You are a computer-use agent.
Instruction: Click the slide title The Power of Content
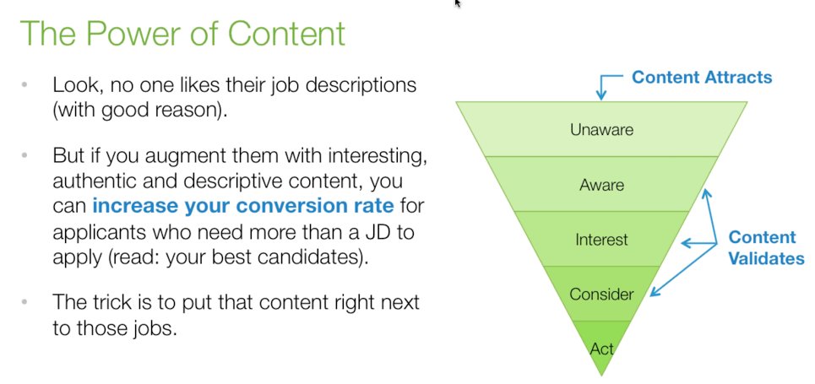coord(182,35)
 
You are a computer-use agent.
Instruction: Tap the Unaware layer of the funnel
coord(601,130)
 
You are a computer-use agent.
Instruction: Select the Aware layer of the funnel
coord(601,184)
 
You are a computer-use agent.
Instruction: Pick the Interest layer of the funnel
coord(601,240)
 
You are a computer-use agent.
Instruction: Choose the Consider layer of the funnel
coord(601,294)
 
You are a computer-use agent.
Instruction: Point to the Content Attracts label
coord(702,78)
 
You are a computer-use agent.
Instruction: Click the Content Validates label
coord(766,248)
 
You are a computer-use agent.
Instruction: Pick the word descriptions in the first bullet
coord(361,85)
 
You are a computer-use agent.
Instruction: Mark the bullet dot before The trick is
coord(25,301)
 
